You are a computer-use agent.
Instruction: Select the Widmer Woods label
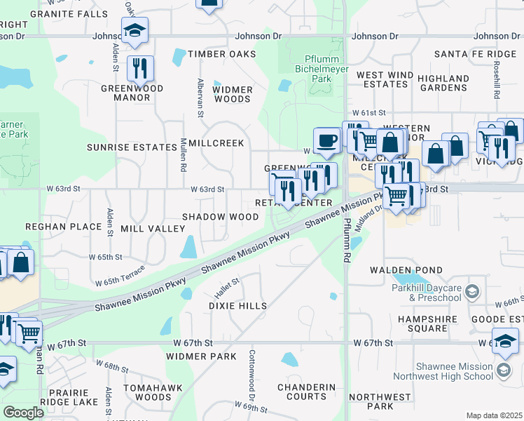click(232, 94)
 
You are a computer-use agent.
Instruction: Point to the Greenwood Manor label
click(132, 93)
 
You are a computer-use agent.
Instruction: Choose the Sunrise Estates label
click(132, 147)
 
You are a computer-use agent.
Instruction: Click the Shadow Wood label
click(221, 217)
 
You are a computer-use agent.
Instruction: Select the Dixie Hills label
click(238, 306)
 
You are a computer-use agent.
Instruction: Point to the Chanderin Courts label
click(306, 392)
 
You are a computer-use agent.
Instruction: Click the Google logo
click(23, 412)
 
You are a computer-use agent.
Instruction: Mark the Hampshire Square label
click(428, 323)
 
